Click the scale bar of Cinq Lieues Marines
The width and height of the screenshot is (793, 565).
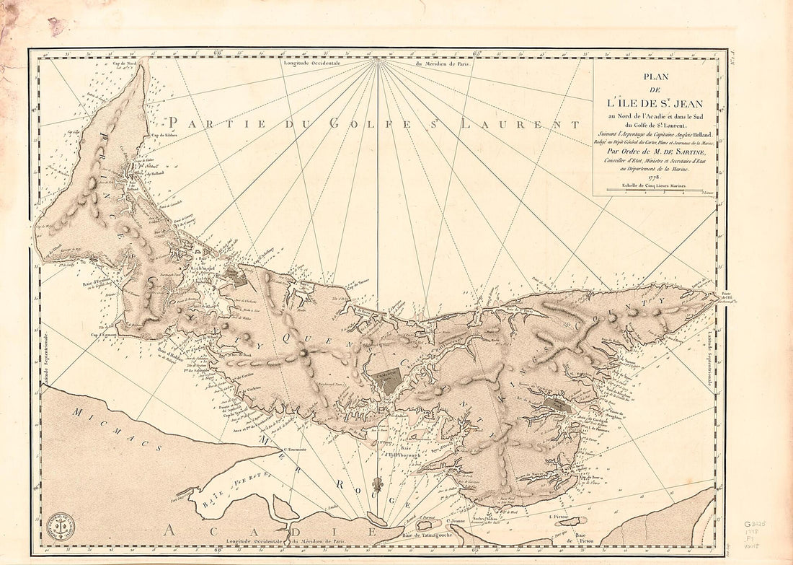pyautogui.click(x=655, y=192)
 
